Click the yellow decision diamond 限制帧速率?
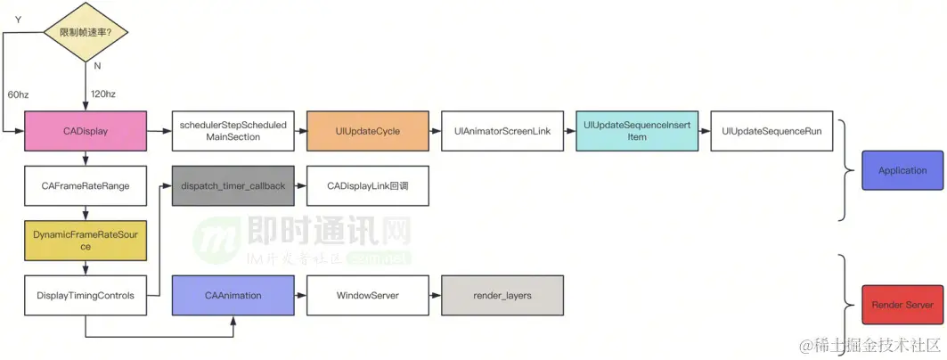[x=86, y=32]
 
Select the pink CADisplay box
[x=86, y=131]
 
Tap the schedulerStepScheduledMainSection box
[x=233, y=131]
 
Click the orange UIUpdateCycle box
[x=368, y=131]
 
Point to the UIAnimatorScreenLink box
[x=502, y=131]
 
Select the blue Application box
[x=902, y=170]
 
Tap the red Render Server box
[x=902, y=305]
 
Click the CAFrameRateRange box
[x=86, y=186]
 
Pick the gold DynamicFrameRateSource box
[x=86, y=240]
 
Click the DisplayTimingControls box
[x=86, y=295]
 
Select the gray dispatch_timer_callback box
[x=233, y=186]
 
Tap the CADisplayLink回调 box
[x=367, y=186]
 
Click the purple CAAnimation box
[x=233, y=295]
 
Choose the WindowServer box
[x=367, y=295]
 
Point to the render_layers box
[x=502, y=295]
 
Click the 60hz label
[x=19, y=94]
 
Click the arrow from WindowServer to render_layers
[x=434, y=295]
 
